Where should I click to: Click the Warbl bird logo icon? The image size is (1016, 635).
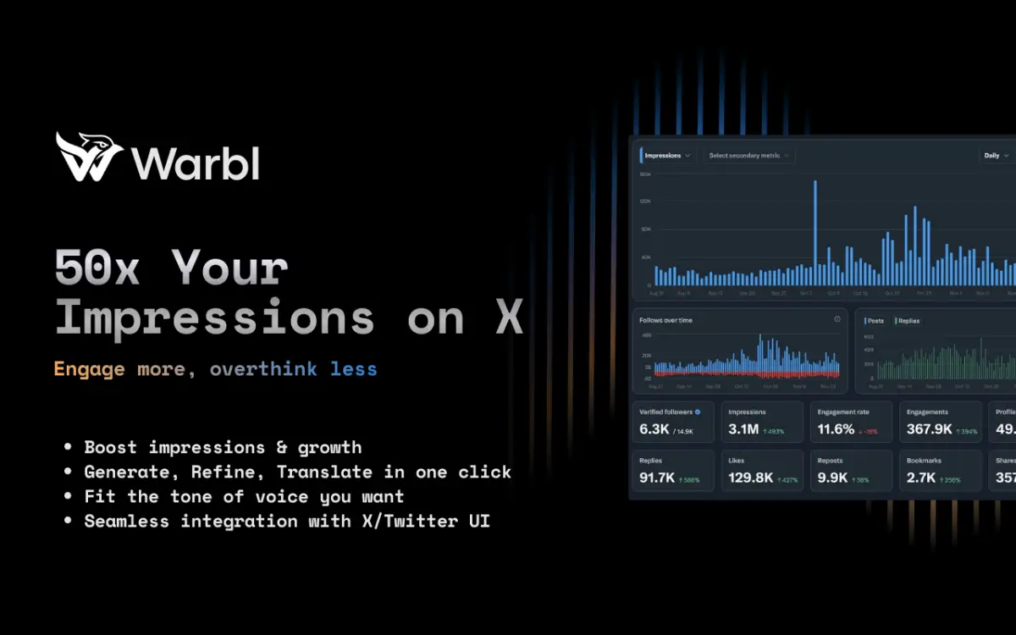coord(89,157)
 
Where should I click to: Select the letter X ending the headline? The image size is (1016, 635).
coord(508,318)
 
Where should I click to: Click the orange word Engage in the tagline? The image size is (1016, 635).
coord(89,369)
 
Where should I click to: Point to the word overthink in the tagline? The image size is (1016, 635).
coord(263,369)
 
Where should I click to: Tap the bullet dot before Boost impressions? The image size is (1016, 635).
coord(68,447)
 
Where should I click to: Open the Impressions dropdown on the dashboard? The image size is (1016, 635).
coord(667,156)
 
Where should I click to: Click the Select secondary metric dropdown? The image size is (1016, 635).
coord(748,156)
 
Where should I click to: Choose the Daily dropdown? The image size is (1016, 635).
coord(996,156)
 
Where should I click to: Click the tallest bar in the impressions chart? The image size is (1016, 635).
coord(815,233)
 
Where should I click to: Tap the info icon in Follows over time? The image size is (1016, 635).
coord(837,319)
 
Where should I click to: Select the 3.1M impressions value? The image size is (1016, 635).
coord(743,429)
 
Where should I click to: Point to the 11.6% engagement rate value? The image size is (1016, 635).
coord(836,429)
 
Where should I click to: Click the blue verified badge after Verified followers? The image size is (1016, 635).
coord(698,412)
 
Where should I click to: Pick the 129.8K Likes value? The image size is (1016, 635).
coord(750,478)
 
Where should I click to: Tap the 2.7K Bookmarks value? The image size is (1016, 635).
coord(921,478)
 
